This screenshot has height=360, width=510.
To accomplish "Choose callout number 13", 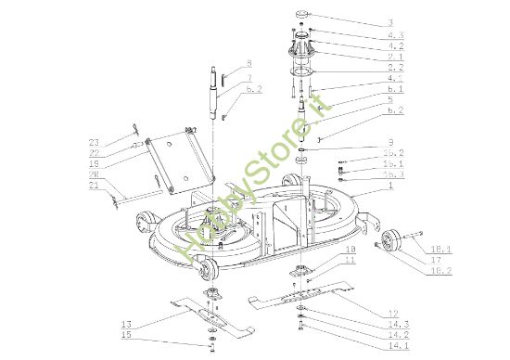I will tap(127, 323).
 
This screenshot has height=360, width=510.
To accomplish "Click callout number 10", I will tap(325, 251).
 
